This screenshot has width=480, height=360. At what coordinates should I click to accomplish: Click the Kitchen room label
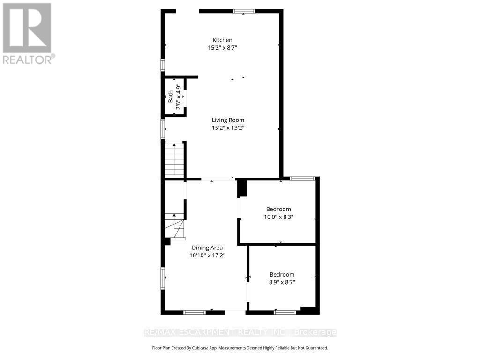click(222, 40)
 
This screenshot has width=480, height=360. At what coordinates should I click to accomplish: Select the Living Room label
click(228, 120)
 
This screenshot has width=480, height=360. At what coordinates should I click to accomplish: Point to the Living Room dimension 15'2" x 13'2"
click(228, 127)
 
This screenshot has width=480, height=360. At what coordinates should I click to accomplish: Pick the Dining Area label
click(207, 247)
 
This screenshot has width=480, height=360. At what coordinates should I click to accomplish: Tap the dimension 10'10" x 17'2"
click(207, 255)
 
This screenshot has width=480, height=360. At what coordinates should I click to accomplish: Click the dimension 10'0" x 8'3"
click(278, 217)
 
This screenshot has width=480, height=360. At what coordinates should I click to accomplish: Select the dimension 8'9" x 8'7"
click(282, 282)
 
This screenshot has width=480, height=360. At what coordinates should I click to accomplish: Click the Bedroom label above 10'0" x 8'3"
click(278, 209)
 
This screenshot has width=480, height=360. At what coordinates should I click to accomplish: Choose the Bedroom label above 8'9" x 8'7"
click(282, 275)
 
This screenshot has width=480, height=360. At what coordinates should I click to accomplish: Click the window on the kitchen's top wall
click(244, 11)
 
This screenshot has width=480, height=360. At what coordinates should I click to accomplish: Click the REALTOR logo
click(28, 33)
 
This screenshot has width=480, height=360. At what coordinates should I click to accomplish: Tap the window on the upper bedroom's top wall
click(302, 178)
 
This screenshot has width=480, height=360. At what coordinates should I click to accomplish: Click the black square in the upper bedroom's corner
click(242, 188)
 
